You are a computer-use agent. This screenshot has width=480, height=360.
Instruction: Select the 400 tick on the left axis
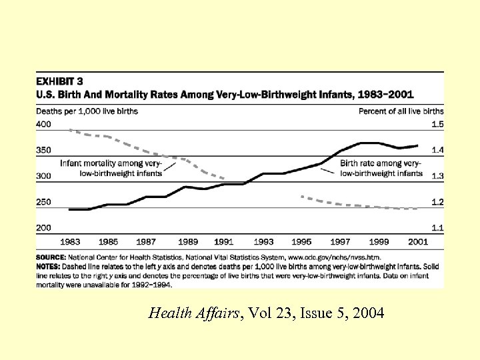click(43, 125)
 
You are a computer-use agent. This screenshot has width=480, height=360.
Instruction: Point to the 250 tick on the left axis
click(43, 202)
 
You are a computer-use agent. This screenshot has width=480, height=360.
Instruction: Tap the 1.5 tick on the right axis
click(437, 125)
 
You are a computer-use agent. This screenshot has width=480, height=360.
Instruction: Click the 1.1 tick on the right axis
click(437, 228)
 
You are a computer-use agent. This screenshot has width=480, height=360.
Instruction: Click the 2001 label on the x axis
click(417, 241)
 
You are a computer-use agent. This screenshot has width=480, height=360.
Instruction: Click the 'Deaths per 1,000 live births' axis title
click(87, 111)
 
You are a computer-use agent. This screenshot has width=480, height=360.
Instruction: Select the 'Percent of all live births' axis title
click(401, 111)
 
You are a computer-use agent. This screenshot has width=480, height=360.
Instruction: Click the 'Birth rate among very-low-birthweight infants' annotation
click(381, 168)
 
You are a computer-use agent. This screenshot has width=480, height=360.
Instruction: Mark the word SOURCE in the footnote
click(51, 256)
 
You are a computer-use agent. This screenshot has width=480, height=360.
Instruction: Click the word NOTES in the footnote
click(49, 264)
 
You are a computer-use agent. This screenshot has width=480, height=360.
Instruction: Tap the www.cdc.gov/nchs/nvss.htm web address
click(335, 256)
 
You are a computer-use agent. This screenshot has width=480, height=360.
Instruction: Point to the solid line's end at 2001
click(418, 145)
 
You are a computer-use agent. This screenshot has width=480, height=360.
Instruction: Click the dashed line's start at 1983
click(70, 130)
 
